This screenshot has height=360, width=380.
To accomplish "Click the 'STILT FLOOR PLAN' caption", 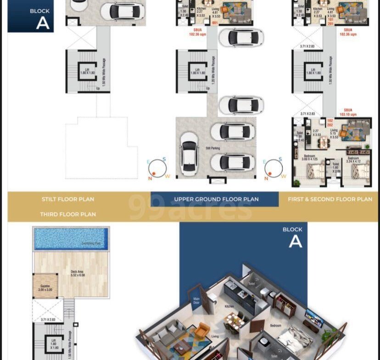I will coord(67,199).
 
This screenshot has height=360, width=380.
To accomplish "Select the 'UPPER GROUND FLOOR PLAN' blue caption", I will coord(216,199).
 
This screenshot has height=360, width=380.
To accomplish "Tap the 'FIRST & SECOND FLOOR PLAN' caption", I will coord(330,199).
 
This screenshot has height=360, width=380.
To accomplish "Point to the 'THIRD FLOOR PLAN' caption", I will coord(67,214).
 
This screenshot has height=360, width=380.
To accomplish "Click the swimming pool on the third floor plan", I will coord(71,238).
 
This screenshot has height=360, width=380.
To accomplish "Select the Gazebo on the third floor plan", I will coord(45,286).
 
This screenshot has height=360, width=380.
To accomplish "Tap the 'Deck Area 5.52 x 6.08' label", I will coord(83,276).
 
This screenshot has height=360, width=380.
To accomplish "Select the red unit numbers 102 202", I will coord(330,122).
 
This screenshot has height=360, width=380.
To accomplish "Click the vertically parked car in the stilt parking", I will coord(188,153).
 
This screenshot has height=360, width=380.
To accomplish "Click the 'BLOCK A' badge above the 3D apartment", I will coord(293,237).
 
